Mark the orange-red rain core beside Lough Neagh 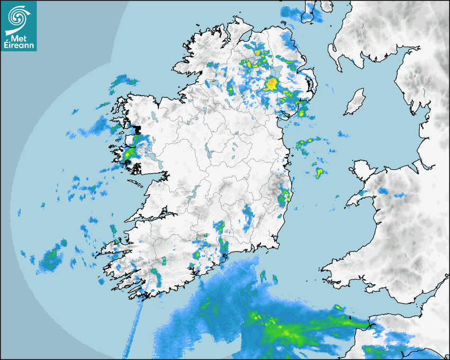(271, 83)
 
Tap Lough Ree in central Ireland (209, 154)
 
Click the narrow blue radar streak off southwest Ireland (132, 328)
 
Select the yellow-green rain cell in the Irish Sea (319, 172)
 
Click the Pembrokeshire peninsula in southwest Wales (339, 267)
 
